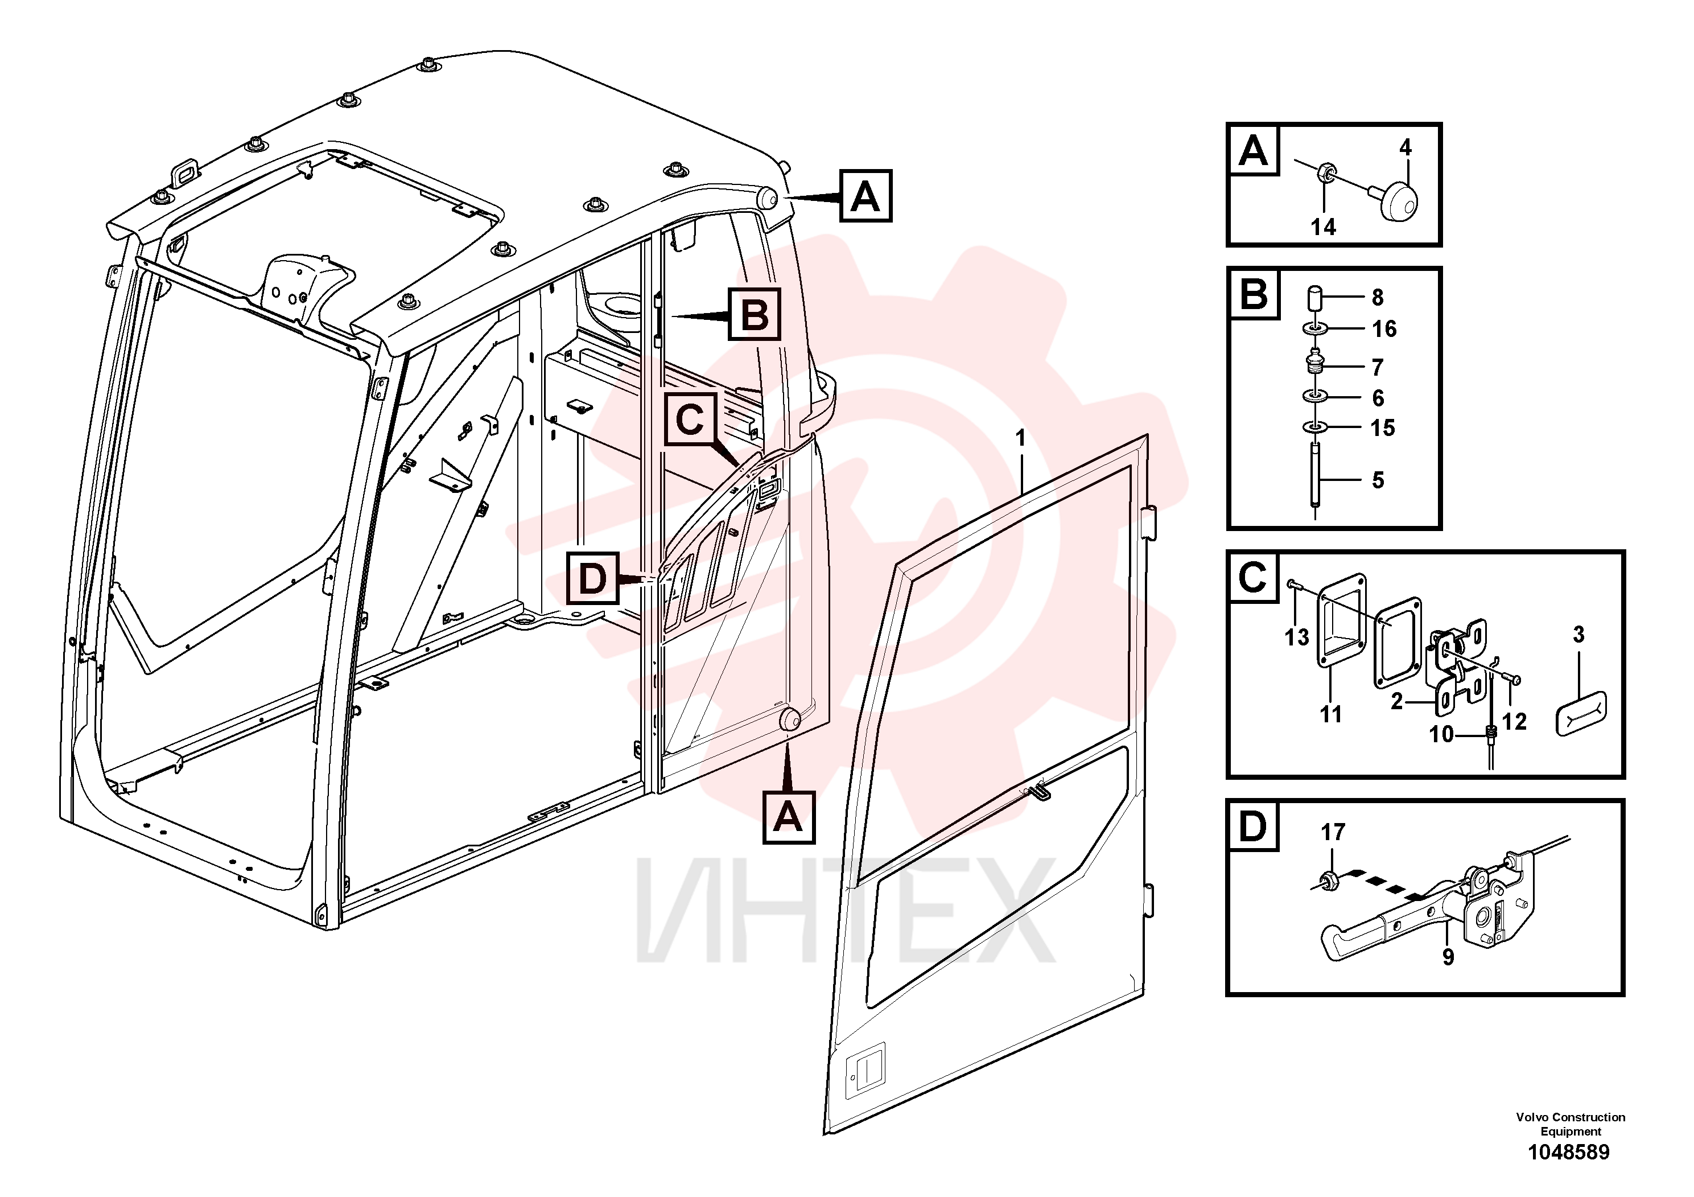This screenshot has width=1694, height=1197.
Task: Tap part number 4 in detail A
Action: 1406,147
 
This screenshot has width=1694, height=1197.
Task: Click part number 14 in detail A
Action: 1323,227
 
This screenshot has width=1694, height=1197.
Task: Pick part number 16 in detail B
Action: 1384,328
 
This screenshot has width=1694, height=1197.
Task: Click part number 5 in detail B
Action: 1378,480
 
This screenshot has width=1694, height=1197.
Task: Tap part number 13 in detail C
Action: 1296,637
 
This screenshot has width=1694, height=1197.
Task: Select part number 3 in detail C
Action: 1578,635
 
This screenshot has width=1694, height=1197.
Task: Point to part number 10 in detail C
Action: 1441,734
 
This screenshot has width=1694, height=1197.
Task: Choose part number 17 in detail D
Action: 1333,833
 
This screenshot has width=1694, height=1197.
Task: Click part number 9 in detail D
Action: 1448,957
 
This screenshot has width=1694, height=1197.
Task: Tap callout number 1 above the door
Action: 1020,438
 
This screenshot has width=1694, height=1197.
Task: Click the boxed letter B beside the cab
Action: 754,315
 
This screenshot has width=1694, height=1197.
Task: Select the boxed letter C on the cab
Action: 690,420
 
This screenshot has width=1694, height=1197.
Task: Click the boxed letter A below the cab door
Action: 789,818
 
